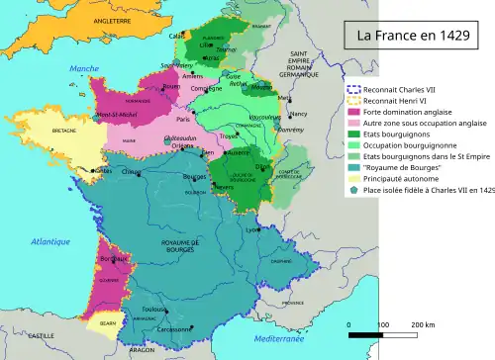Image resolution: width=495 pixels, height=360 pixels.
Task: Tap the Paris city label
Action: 182,120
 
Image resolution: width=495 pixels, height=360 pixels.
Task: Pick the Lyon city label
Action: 252,229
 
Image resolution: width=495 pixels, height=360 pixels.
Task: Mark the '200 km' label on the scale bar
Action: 424,324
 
